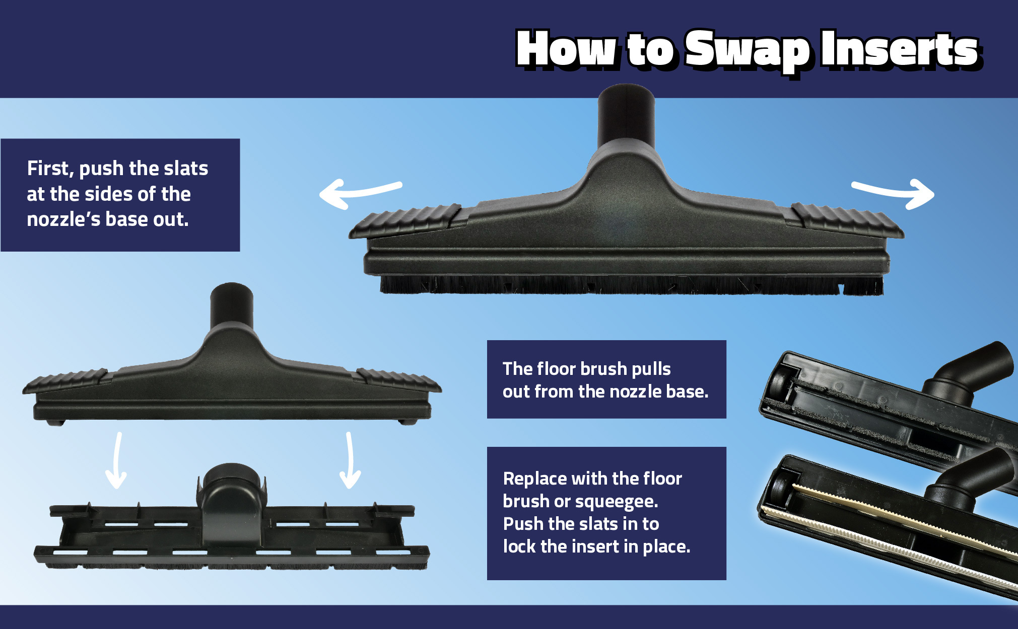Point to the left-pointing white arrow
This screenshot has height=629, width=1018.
coord(360,194)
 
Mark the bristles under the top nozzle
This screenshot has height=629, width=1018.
coord(631,285)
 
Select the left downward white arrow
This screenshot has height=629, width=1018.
coord(117,460)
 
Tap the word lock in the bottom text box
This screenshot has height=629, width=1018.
coord(519,546)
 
